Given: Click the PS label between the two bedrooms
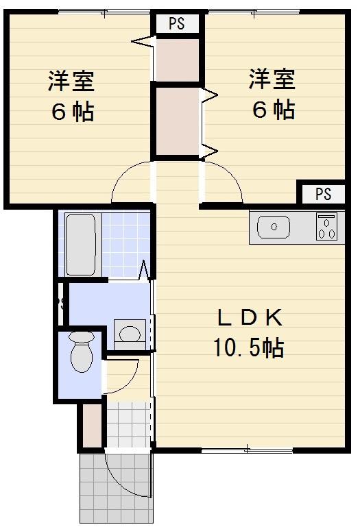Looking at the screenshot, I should tap(177, 24).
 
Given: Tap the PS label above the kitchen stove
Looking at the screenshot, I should tap(323, 194).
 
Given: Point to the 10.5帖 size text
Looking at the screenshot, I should tap(248, 349).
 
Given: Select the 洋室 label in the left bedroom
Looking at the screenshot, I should tap(71, 80).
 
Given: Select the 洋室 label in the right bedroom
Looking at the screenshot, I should tap(272, 79).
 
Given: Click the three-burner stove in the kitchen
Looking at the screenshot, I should tap(327, 227).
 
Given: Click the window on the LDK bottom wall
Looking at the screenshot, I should tap(247, 450).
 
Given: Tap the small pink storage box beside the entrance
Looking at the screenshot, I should tap(91, 425).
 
